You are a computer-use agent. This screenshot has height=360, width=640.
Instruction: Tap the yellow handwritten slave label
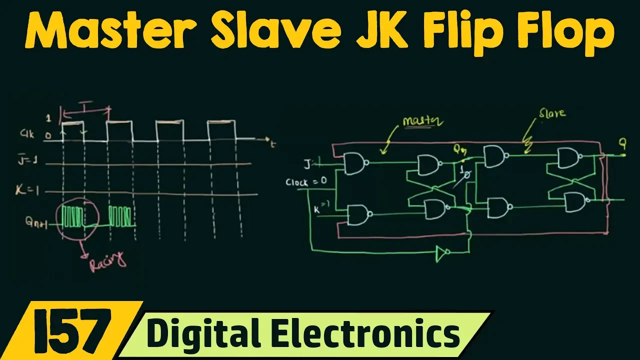[552, 113]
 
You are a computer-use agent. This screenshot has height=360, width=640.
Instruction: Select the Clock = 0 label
[306, 182]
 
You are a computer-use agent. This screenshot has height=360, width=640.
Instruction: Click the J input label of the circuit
[305, 162]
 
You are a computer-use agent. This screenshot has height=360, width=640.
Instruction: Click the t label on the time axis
[273, 144]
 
